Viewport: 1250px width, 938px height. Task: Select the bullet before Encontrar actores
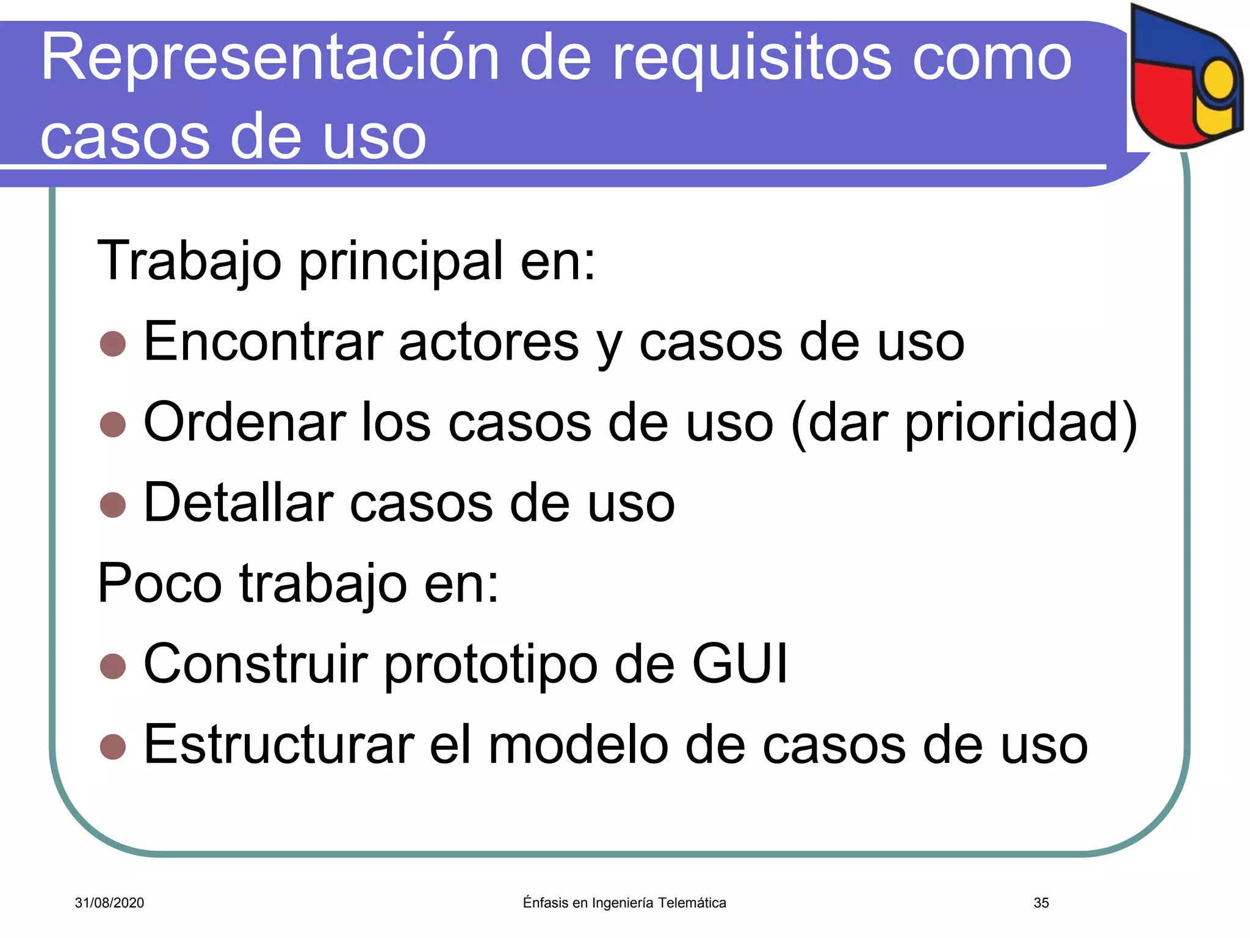(113, 344)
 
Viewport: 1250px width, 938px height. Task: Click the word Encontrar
(262, 342)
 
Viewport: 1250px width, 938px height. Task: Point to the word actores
(489, 342)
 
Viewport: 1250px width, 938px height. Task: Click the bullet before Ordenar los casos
(113, 424)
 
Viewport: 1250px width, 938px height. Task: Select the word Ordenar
(244, 423)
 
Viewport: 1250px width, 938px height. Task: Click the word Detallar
(238, 503)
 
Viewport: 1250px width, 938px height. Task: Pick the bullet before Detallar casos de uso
(113, 505)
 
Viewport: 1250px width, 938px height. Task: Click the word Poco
(159, 584)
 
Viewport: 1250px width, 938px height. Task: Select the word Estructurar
(278, 745)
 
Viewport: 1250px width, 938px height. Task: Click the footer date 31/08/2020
(109, 903)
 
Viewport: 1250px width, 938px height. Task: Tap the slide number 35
(1041, 903)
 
